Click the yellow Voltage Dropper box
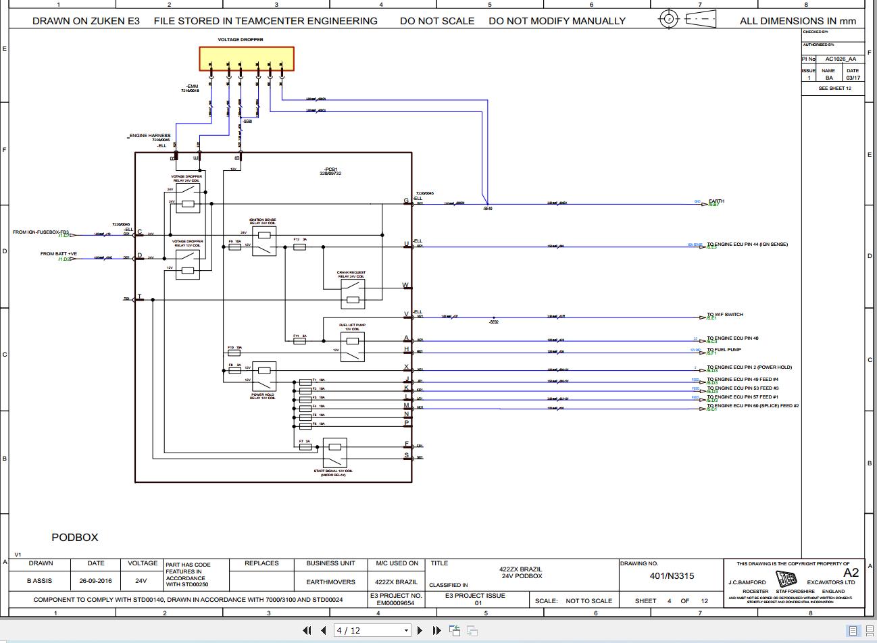click(247, 58)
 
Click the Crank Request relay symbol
click(353, 294)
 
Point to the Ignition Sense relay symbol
click(264, 241)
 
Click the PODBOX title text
click(75, 538)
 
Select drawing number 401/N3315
click(672, 576)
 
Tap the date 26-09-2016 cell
click(96, 581)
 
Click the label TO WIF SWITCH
click(725, 315)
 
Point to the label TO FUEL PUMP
click(724, 350)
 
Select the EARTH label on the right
click(716, 201)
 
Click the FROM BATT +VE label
click(59, 254)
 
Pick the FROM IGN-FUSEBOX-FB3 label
click(41, 232)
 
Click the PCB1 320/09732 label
click(330, 172)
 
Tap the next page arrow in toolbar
click(420, 630)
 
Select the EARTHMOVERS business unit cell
click(330, 582)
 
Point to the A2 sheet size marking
click(851, 572)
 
